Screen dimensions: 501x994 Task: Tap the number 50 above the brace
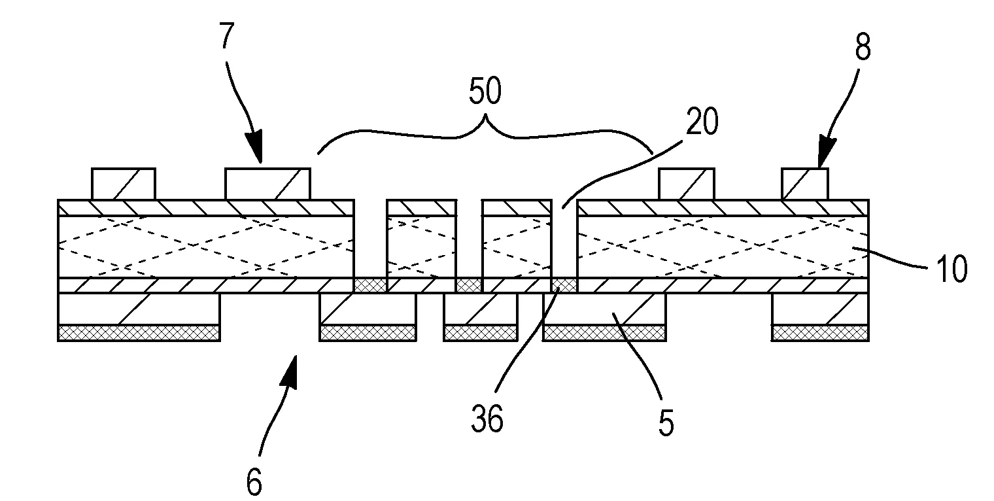(485, 92)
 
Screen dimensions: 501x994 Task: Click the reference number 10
(950, 269)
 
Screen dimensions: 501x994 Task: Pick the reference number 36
(488, 419)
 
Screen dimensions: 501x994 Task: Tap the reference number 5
(666, 423)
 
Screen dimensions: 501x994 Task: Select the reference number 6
(254, 483)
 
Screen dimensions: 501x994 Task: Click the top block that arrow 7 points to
(267, 183)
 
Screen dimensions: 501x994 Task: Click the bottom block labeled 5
(604, 309)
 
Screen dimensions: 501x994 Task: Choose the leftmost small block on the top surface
(124, 183)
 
